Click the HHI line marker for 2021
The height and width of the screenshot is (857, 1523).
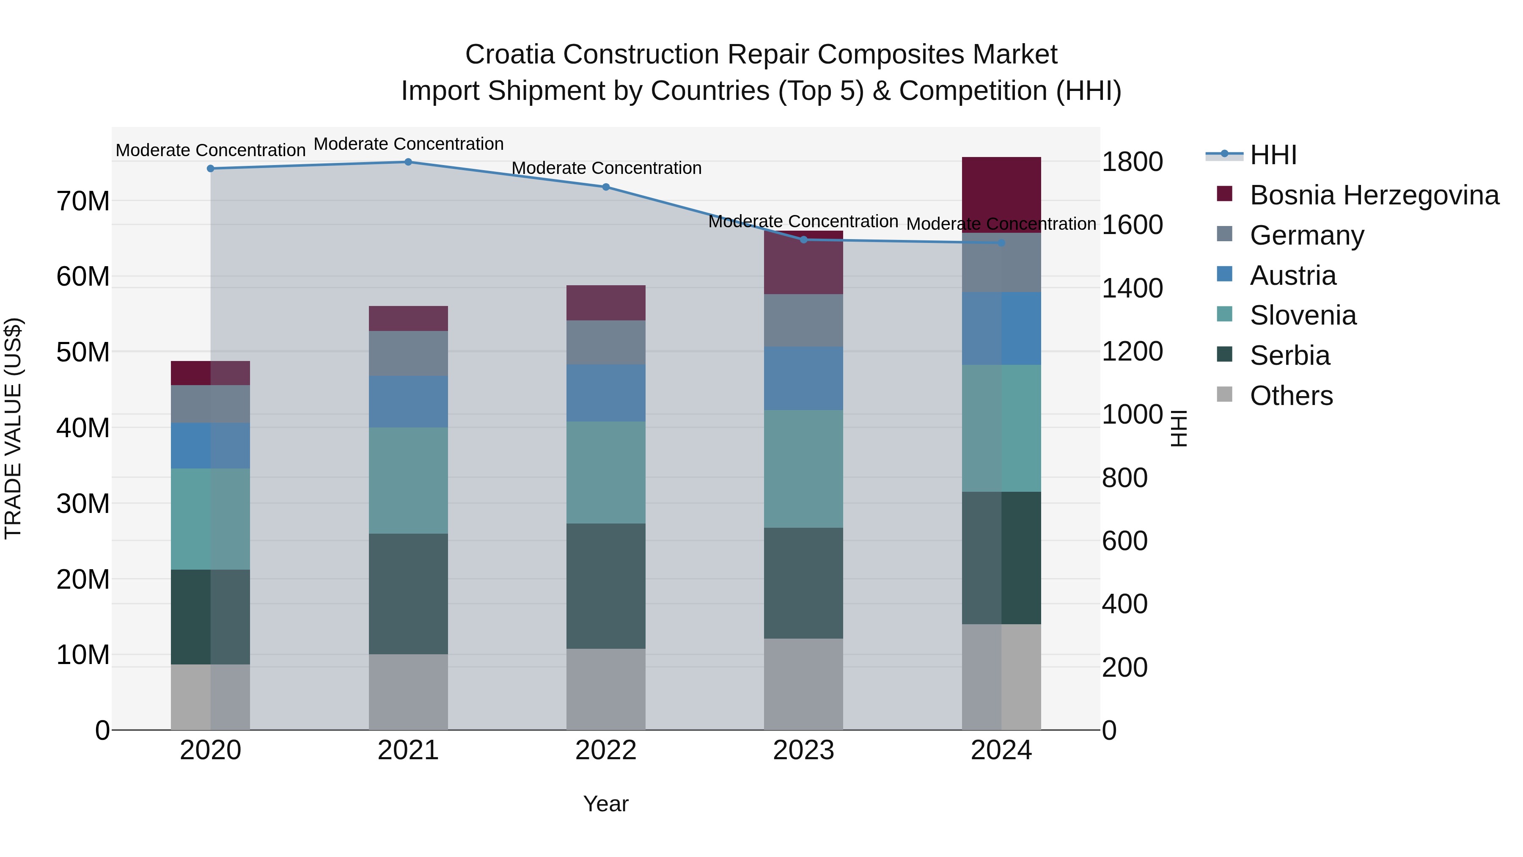[408, 162]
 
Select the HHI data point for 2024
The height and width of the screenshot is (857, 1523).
[1001, 242]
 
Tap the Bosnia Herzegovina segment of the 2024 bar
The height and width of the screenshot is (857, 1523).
[1001, 195]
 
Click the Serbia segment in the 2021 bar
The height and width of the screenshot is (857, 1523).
[408, 593]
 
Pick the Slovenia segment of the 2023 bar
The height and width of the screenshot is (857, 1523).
[803, 468]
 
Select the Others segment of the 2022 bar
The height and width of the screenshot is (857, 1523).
[605, 689]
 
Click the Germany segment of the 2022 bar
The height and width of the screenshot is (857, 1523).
[605, 342]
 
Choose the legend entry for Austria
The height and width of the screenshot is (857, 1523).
[1292, 276]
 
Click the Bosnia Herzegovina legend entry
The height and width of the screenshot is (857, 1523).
[1373, 195]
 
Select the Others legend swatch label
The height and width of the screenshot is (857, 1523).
[1291, 396]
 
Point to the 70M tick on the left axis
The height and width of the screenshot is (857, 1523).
[83, 201]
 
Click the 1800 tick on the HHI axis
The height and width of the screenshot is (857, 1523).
[1132, 162]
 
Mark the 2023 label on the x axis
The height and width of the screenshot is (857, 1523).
[803, 750]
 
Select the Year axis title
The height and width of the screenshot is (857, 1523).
[605, 804]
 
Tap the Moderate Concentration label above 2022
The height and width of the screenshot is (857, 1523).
[606, 168]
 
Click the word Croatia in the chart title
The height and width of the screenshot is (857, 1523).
[510, 55]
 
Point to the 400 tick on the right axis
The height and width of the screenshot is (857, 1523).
[1124, 604]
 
